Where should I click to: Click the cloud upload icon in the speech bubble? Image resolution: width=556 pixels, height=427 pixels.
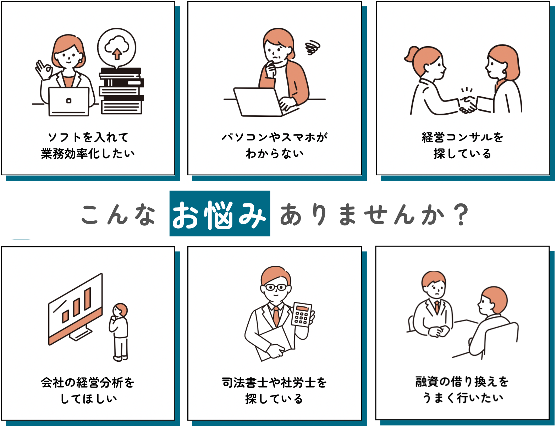(x=117, y=48)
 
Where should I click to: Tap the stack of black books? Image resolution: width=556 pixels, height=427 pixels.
(x=122, y=91)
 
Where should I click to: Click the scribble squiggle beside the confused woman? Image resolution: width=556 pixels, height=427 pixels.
(x=312, y=48)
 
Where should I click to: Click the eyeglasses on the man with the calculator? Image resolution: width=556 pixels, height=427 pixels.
(x=276, y=287)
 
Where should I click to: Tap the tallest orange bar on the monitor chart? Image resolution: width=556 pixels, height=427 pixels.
(x=88, y=299)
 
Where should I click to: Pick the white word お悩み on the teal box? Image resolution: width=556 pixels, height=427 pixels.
(x=219, y=214)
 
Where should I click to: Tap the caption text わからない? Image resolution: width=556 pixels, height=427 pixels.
(x=275, y=153)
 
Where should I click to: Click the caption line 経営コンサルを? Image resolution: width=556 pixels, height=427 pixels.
(x=462, y=137)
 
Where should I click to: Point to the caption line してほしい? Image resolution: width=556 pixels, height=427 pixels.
(x=89, y=399)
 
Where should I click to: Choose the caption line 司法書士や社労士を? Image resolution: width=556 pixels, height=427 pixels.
(x=274, y=383)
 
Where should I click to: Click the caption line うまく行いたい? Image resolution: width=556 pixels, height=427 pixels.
(x=463, y=398)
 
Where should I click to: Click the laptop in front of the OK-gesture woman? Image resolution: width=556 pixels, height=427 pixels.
(x=68, y=102)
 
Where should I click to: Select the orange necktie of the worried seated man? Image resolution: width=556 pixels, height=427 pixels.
(x=437, y=307)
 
